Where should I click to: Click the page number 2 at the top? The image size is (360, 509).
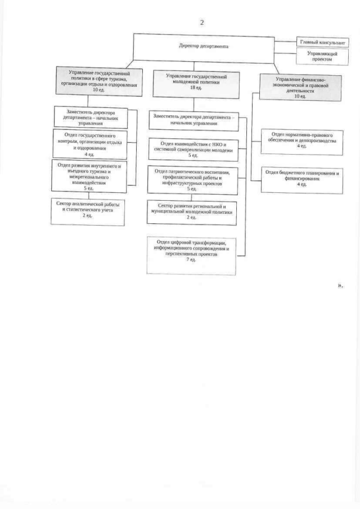201,22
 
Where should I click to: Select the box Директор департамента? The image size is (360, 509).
204,47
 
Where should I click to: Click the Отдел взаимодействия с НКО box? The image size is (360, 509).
193,147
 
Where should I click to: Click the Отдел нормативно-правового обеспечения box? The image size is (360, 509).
303,141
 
